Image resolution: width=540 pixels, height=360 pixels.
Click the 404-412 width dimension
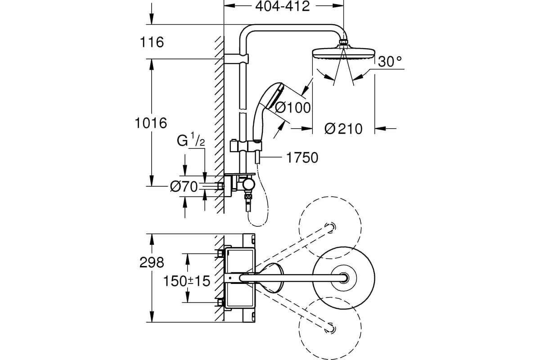(x=283, y=6)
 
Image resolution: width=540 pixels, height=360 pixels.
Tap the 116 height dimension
(x=152, y=42)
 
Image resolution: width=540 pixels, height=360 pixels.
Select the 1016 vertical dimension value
(x=151, y=123)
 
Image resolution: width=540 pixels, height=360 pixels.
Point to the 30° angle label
(x=390, y=61)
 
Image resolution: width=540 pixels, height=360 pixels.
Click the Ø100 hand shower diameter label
(x=292, y=108)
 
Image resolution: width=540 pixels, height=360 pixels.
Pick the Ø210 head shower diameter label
(x=343, y=129)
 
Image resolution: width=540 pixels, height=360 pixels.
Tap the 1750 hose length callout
(x=302, y=158)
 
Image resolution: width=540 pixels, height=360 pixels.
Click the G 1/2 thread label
(x=191, y=139)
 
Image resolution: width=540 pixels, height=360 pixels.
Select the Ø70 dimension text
(x=184, y=187)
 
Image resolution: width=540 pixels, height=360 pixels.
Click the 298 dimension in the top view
(x=152, y=262)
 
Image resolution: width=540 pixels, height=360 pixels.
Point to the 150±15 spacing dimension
(x=187, y=281)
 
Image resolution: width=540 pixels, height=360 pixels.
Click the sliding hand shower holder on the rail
(x=246, y=146)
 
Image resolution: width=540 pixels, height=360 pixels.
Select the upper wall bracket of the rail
(x=236, y=59)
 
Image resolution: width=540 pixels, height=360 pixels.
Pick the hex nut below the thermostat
(x=248, y=197)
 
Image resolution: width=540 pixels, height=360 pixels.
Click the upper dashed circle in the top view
(x=330, y=228)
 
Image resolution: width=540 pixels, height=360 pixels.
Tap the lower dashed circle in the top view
(x=330, y=328)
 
